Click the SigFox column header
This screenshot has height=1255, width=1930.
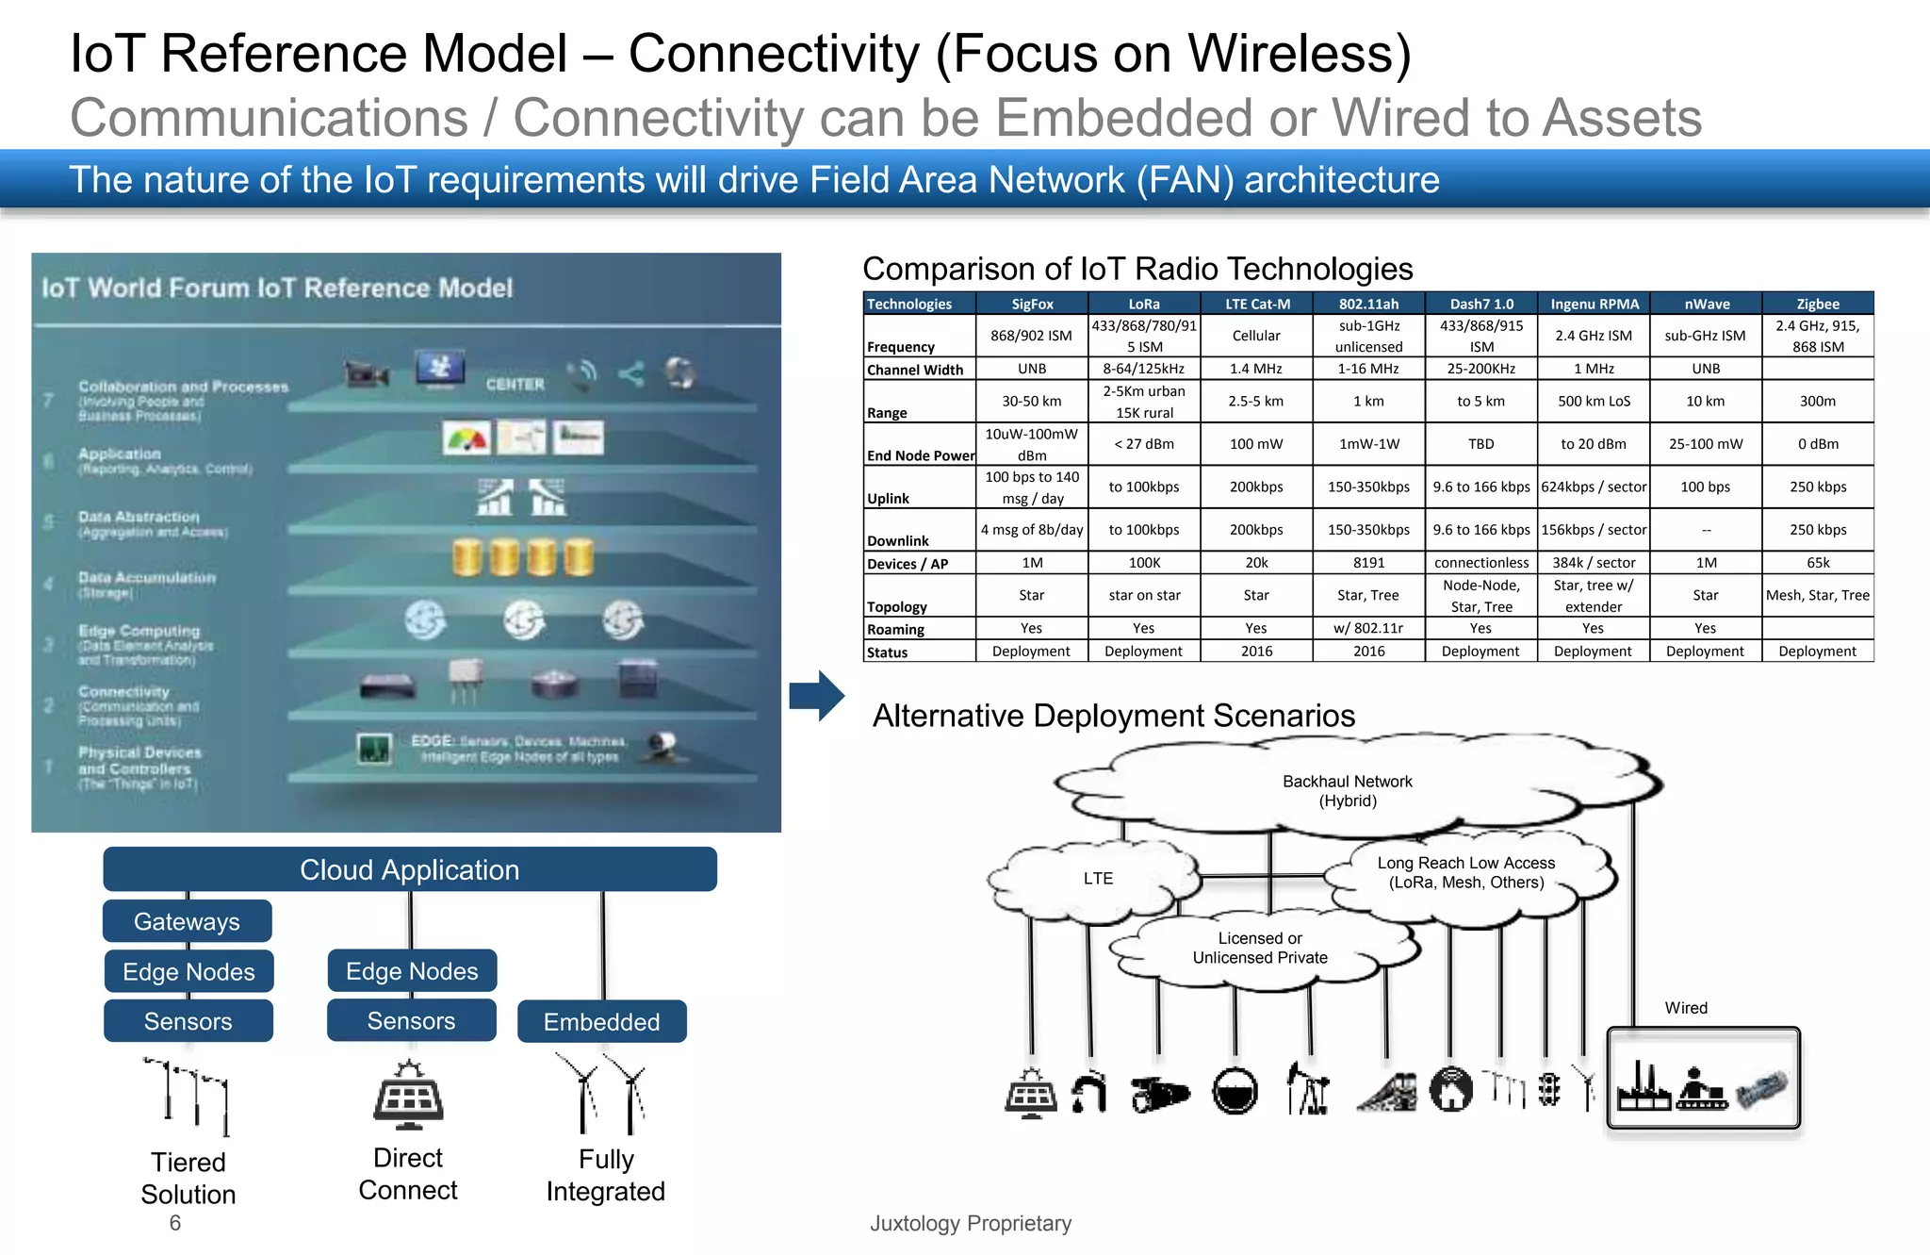pyautogui.click(x=1032, y=304)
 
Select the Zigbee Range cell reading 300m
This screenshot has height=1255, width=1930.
pyautogui.click(x=1817, y=401)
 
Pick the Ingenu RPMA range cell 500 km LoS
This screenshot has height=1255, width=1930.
pyautogui.click(x=1594, y=401)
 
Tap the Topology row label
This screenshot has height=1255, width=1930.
pyautogui.click(x=897, y=606)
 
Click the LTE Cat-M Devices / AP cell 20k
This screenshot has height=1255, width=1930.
pyautogui.click(x=1256, y=563)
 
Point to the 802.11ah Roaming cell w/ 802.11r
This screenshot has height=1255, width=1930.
pyautogui.click(x=1368, y=628)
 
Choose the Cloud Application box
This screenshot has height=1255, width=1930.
pyautogui.click(x=410, y=869)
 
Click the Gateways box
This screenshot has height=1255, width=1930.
pyautogui.click(x=187, y=921)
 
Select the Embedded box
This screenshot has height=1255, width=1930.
pyautogui.click(x=601, y=1022)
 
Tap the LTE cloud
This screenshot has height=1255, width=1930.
pyautogui.click(x=1098, y=878)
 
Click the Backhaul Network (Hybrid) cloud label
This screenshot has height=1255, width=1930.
pyautogui.click(x=1348, y=791)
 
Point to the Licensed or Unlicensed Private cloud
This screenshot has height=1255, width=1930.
pyautogui.click(x=1260, y=948)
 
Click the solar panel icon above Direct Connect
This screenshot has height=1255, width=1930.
pyautogui.click(x=408, y=1097)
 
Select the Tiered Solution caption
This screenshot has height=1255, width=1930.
pyautogui.click(x=188, y=1179)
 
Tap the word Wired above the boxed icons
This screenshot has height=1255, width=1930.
pyautogui.click(x=1686, y=1008)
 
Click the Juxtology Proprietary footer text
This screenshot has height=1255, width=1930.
pyautogui.click(x=971, y=1223)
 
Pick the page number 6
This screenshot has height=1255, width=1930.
pyautogui.click(x=175, y=1223)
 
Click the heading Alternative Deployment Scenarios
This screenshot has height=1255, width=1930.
pyautogui.click(x=1114, y=716)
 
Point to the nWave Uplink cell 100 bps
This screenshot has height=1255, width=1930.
pyautogui.click(x=1705, y=487)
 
